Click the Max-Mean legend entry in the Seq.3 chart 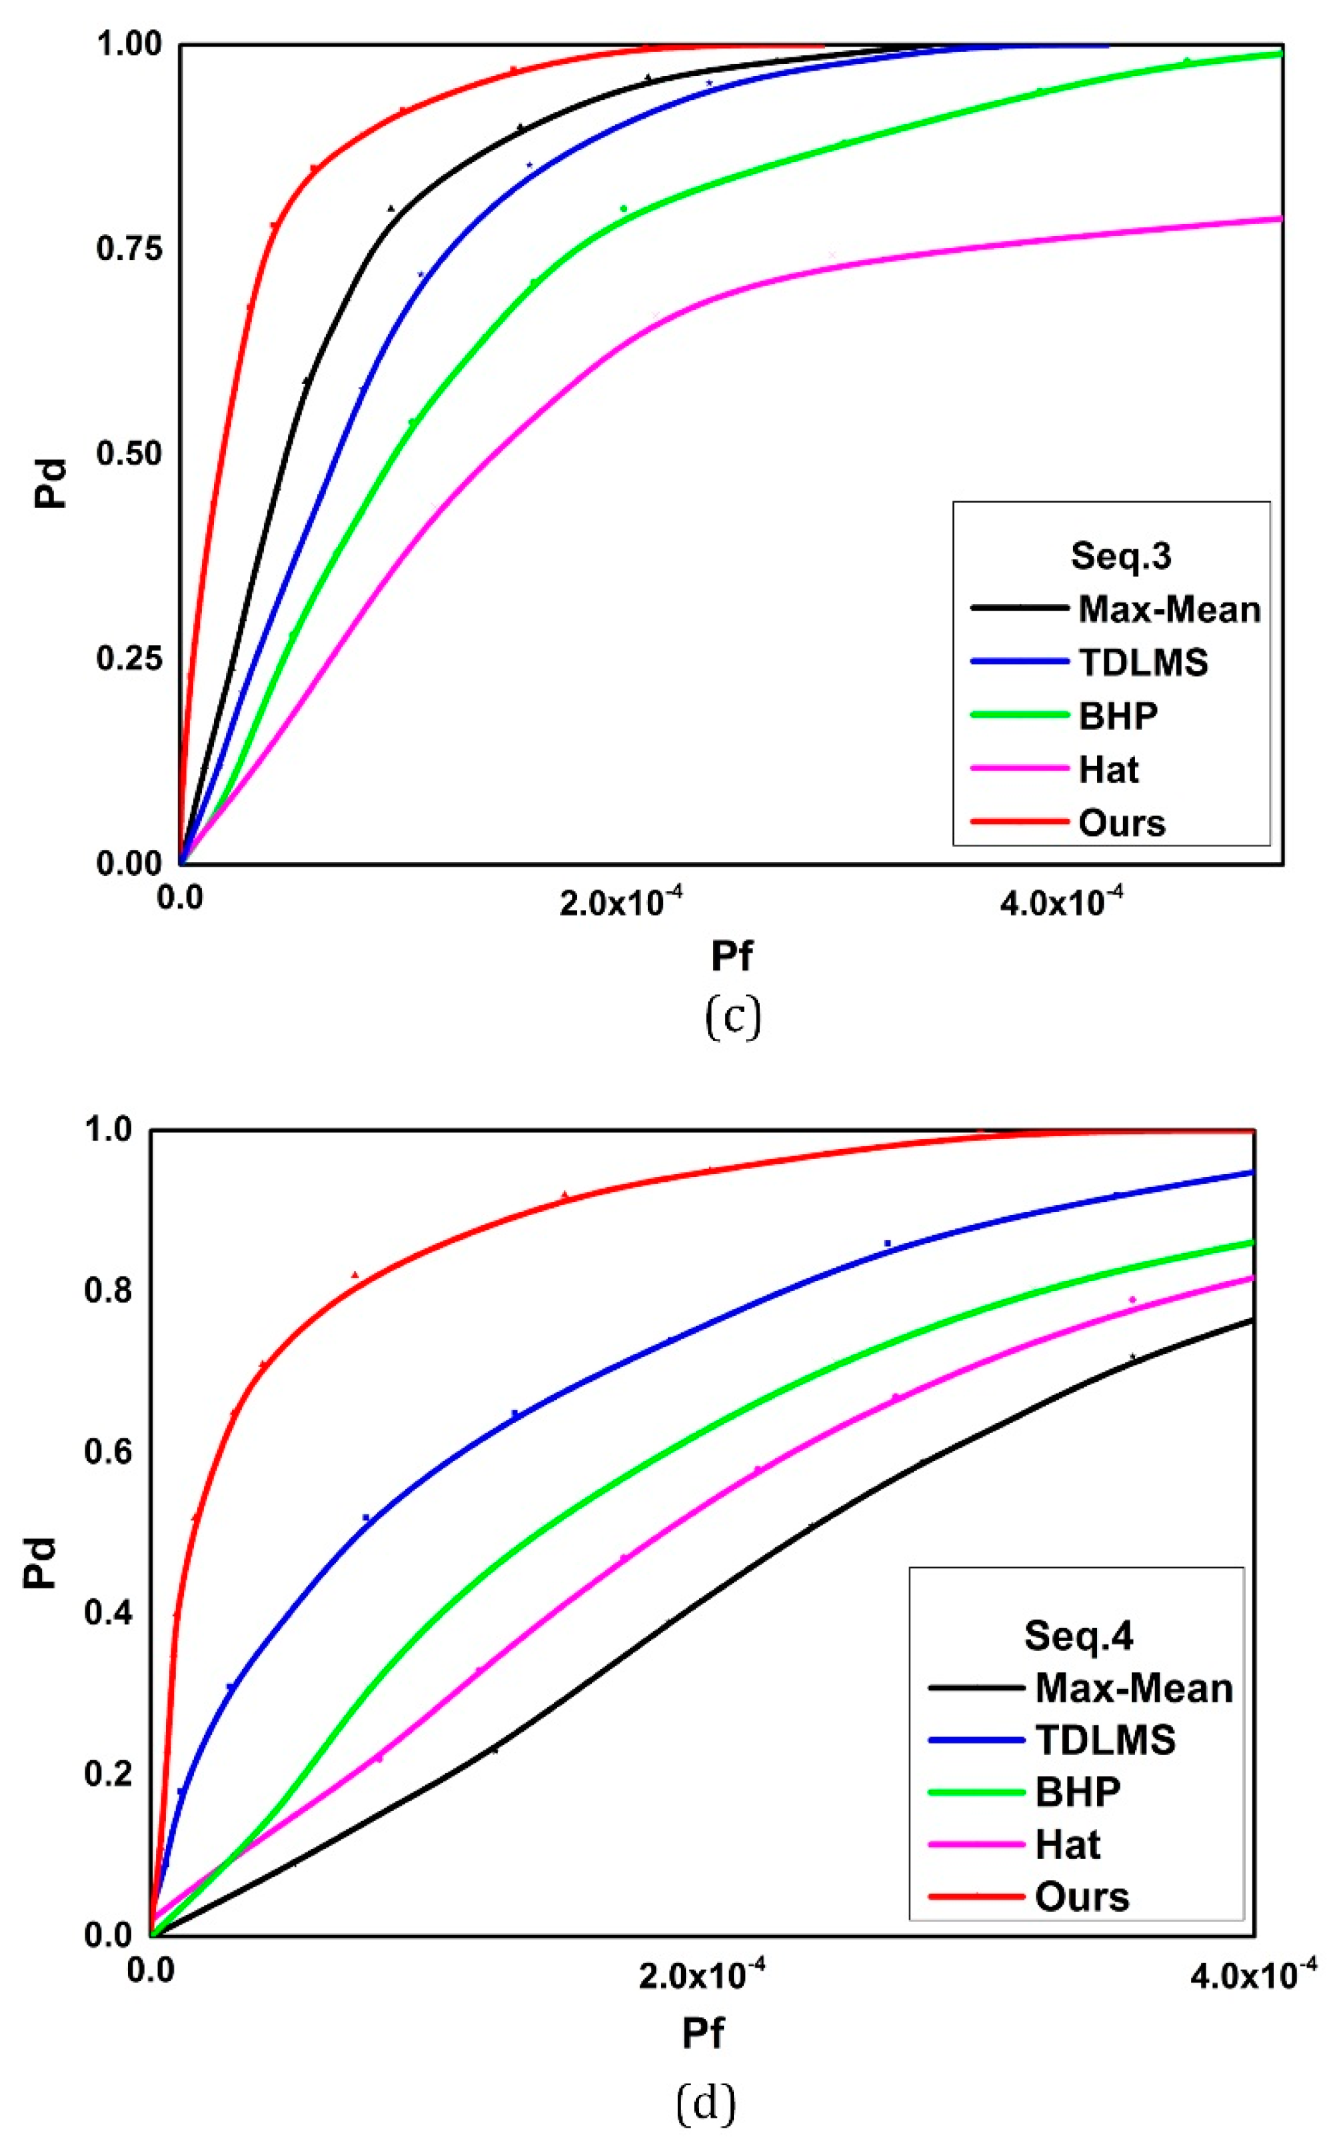coord(1168,610)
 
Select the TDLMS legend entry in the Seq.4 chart coord(1105,1740)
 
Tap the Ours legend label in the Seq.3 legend coord(1121,823)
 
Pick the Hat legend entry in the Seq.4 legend coord(1068,1845)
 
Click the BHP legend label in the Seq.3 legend coord(1118,716)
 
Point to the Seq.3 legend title coord(1120,556)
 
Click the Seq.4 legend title coord(1078,1635)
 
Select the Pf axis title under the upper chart coord(731,957)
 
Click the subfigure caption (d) coord(705,2102)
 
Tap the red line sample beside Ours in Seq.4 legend coord(976,1896)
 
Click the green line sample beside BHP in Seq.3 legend coord(1019,715)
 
